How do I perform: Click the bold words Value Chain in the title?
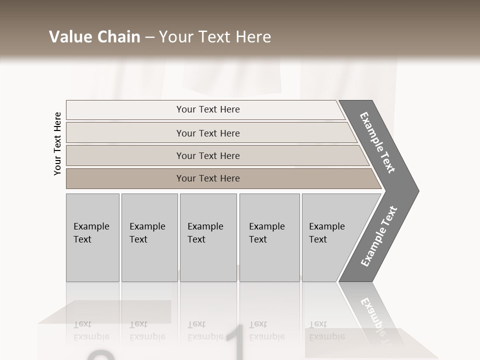coord(94,37)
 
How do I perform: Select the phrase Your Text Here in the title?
coord(215,37)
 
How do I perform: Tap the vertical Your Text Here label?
coord(57,143)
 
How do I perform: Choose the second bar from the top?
coord(207,133)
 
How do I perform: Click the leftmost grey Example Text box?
coord(92,237)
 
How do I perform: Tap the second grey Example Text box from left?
coord(149,237)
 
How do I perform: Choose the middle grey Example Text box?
coord(208,237)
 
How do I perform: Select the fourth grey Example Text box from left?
coord(269,237)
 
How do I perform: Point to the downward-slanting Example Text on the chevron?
coord(377,142)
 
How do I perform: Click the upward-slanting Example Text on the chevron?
coord(378,236)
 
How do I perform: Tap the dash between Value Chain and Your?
coord(149,37)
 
